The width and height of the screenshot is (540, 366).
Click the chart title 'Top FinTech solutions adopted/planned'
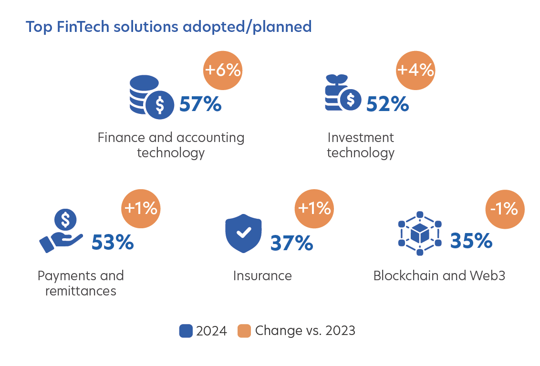[169, 27]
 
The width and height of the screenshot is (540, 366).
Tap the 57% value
[200, 104]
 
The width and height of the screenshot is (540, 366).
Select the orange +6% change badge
[223, 70]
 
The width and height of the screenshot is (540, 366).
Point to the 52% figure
[387, 104]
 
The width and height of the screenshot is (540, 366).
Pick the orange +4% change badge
[415, 70]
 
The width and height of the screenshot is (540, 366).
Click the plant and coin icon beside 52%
[343, 92]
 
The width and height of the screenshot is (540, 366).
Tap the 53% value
[113, 242]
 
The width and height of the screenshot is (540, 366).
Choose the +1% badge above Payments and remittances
[141, 208]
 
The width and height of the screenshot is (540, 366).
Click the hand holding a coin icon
[62, 231]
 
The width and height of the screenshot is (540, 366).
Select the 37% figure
[291, 243]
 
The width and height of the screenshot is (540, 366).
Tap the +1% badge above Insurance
[314, 208]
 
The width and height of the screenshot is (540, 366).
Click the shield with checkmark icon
[243, 234]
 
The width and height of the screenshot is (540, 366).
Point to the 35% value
[471, 241]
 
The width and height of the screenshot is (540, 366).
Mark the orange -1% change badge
[505, 209]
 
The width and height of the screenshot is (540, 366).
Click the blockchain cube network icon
[420, 234]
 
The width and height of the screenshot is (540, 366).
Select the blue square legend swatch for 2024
[186, 331]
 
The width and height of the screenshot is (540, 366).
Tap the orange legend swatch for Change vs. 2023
[244, 331]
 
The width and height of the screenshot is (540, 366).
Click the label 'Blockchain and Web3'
[439, 276]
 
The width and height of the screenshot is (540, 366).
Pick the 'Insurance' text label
[262, 276]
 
